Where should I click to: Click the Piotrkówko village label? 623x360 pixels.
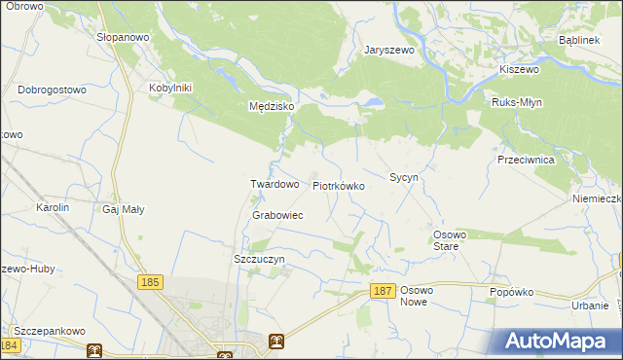point(338,185)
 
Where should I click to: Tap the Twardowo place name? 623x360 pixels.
point(275,184)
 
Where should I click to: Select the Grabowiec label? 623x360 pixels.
point(277,215)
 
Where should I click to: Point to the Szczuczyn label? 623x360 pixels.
point(259,260)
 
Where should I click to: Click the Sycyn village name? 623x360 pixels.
point(403,178)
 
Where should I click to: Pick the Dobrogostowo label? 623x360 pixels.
point(53,90)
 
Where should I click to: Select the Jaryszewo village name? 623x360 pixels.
point(389,51)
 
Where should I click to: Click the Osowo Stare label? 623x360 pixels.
point(451,240)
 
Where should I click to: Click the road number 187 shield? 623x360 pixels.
point(384,291)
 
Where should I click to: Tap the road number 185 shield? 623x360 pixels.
point(150,282)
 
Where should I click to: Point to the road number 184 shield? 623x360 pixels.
point(11,345)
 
